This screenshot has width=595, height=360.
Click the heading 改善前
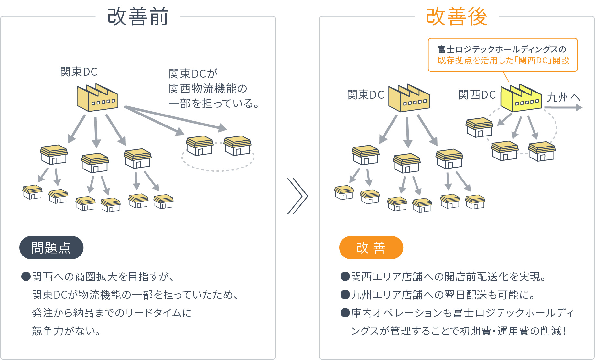point(138,17)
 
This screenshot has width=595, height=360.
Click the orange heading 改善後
point(457,17)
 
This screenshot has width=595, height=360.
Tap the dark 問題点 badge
point(51,248)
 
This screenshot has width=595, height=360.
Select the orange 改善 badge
point(371,248)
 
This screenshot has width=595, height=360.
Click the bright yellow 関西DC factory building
point(521,98)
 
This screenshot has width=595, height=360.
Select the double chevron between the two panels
point(297,196)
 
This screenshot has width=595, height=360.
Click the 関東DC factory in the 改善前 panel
point(97,98)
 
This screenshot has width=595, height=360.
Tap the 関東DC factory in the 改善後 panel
point(409,98)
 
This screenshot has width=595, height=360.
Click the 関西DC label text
point(477,95)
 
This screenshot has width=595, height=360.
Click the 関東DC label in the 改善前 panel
point(79,72)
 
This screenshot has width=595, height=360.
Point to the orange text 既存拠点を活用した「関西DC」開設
point(503,60)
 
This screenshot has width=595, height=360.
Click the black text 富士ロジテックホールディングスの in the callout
point(502,49)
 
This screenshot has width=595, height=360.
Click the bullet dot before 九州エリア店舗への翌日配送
point(345,295)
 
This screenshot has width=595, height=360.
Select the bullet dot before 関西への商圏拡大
point(26,277)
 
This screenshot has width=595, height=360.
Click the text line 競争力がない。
point(66,331)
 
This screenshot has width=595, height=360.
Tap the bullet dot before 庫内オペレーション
point(345,313)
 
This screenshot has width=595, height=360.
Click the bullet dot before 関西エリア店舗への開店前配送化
point(345,277)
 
